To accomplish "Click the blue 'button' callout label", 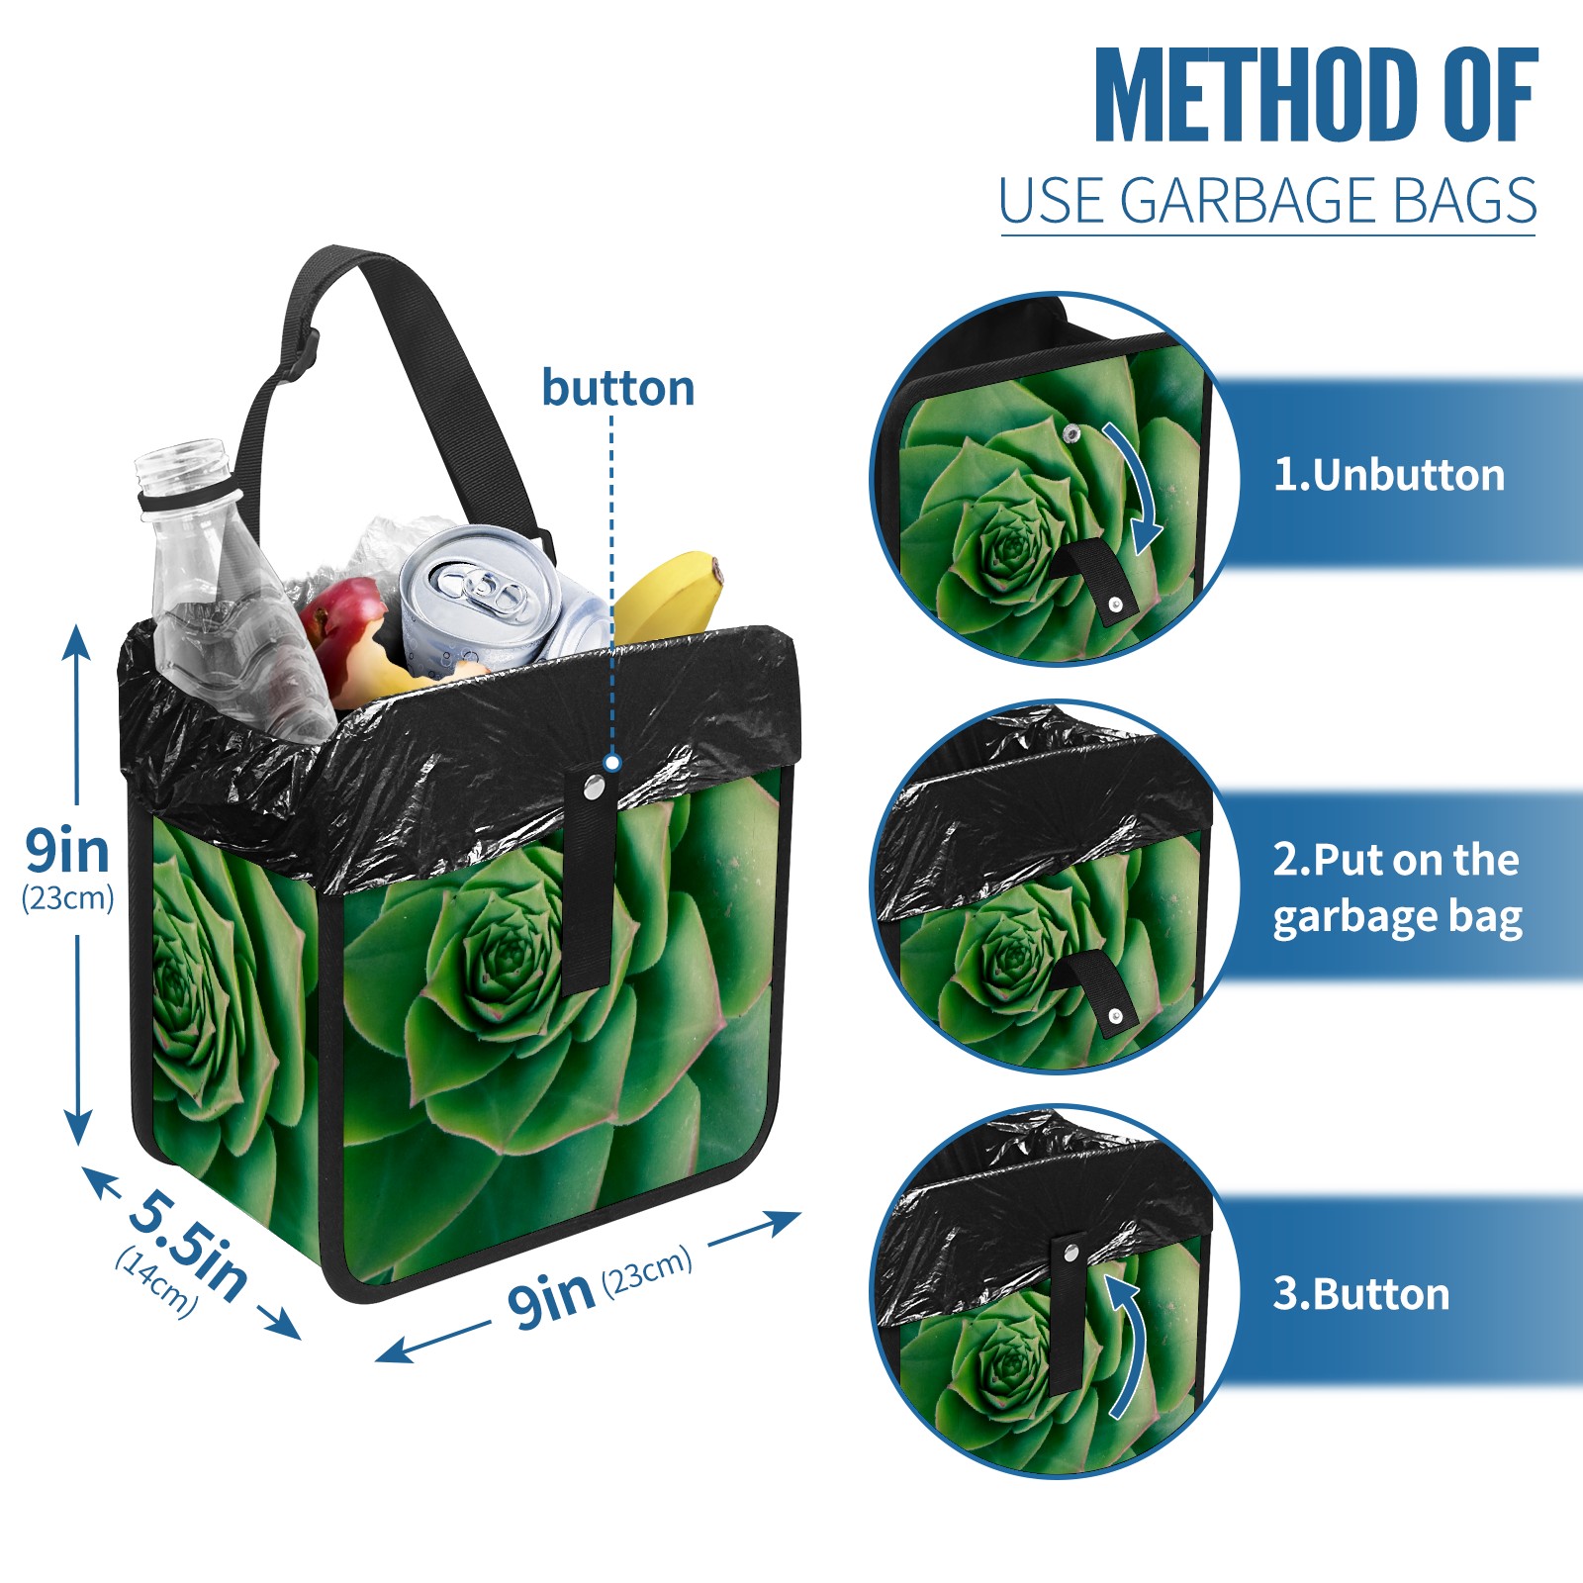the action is click(x=618, y=388).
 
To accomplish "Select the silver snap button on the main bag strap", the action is click(x=594, y=788).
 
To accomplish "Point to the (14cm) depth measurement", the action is click(x=156, y=1280).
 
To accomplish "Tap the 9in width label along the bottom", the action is click(x=551, y=1297).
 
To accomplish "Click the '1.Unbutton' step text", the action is click(x=1388, y=475).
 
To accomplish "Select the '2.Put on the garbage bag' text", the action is click(x=1397, y=888).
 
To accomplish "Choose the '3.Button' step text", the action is click(x=1360, y=1294).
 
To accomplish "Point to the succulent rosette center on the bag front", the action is click(x=510, y=955).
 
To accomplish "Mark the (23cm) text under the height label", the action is click(x=67, y=898).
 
